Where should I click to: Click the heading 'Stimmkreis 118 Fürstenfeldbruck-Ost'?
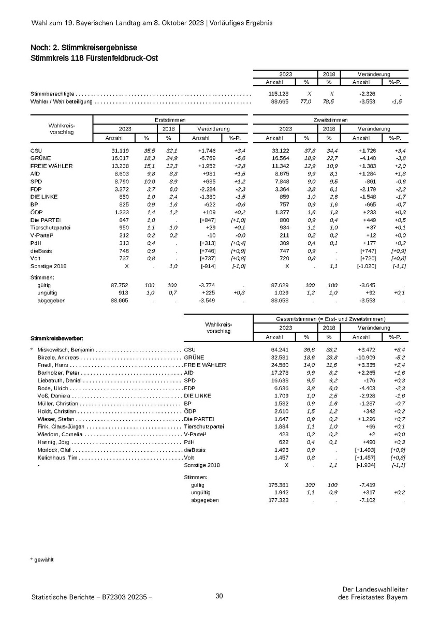click(94, 58)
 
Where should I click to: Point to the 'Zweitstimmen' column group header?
click(330, 120)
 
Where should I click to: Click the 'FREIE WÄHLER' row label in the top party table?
click(51, 166)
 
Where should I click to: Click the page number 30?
click(219, 597)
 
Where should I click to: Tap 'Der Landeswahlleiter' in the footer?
click(375, 589)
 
